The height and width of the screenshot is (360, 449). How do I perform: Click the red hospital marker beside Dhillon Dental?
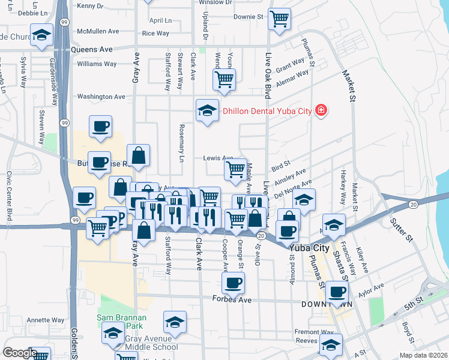coord(321,110)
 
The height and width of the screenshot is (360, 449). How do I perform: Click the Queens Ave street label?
coord(92,50)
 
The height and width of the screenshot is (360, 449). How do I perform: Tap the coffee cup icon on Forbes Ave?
coord(233,282)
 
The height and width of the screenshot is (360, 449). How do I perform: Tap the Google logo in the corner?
coord(20,353)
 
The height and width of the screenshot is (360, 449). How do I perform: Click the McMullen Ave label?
coord(98,31)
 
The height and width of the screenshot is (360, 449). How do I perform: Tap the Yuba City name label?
coord(309,247)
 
